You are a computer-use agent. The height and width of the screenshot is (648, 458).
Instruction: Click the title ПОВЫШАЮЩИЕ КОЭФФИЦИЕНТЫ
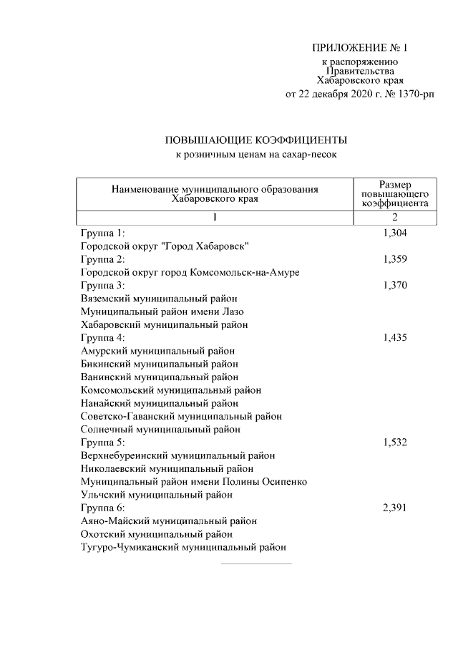[x=256, y=140]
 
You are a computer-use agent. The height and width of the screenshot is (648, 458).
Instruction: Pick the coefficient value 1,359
[x=395, y=259]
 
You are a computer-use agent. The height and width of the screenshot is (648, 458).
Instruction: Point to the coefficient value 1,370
[x=395, y=285]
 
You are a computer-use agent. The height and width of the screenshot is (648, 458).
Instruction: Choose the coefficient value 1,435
[x=395, y=338]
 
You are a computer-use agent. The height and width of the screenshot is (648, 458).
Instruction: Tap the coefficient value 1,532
[x=395, y=443]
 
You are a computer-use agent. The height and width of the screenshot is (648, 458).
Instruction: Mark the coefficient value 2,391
[x=395, y=508]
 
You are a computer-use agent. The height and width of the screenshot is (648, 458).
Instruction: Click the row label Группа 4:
[x=103, y=338]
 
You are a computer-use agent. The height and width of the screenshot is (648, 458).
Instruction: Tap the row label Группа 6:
[x=103, y=508]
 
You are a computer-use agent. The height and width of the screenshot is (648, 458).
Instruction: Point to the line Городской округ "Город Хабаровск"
[x=165, y=246]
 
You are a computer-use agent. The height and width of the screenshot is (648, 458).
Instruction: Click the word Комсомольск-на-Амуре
[x=245, y=273]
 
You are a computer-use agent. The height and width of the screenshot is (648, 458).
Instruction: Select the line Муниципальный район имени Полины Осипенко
[x=194, y=482]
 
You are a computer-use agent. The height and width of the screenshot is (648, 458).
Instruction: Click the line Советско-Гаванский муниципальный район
[x=181, y=416]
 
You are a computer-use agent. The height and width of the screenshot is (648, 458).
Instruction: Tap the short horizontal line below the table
[x=256, y=564]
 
